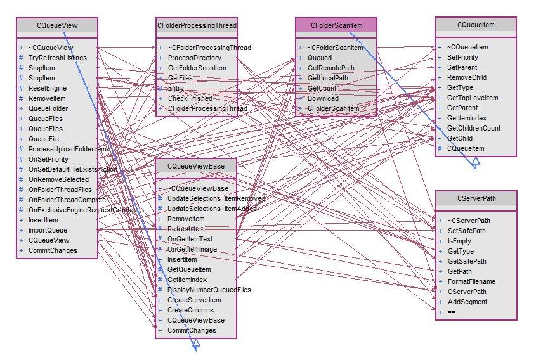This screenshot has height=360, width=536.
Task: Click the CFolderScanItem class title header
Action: click(336, 25)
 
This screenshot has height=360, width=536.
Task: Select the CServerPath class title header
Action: click(476, 198)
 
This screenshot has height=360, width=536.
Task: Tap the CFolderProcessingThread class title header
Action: click(197, 25)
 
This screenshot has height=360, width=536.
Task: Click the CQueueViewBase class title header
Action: click(197, 166)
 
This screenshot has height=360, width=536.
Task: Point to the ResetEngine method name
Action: click(48, 88)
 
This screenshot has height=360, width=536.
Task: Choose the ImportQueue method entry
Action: click(48, 230)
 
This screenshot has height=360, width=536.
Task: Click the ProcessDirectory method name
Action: click(195, 58)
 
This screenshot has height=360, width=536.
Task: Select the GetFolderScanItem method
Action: click(197, 68)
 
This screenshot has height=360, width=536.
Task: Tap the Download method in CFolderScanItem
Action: click(323, 98)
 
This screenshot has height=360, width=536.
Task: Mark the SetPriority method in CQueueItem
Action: click(462, 57)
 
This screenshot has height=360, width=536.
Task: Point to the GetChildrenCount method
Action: click(473, 128)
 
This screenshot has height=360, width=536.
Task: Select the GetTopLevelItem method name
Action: click(473, 98)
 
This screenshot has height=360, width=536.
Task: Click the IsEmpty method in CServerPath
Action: click(459, 241)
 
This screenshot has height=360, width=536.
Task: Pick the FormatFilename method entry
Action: click(471, 281)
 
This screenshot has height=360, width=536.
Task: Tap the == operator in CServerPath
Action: click(452, 312)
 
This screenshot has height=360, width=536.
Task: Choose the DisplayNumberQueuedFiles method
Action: click(209, 290)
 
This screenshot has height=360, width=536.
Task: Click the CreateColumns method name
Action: click(190, 310)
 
